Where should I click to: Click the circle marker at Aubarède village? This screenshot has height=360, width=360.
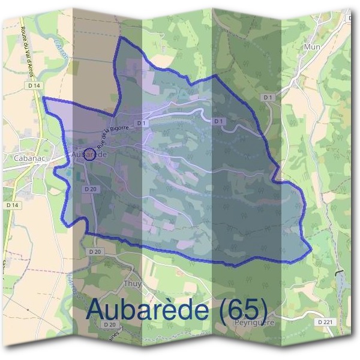pyautogui.click(x=89, y=154)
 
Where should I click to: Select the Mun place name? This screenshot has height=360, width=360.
pyautogui.click(x=312, y=47)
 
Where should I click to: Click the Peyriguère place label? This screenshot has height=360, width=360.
pyautogui.click(x=254, y=322)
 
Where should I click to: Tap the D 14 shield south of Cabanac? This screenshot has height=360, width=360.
pyautogui.click(x=11, y=205)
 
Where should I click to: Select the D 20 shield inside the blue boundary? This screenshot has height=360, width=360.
pyautogui.click(x=90, y=189)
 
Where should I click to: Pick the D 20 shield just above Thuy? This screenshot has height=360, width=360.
pyautogui.click(x=95, y=252)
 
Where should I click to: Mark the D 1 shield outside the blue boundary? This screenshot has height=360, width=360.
pyautogui.click(x=268, y=97)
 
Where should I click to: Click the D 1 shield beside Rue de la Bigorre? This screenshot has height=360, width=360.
pyautogui.click(x=142, y=123)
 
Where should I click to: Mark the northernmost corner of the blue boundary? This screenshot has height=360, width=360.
pyautogui.click(x=122, y=37)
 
